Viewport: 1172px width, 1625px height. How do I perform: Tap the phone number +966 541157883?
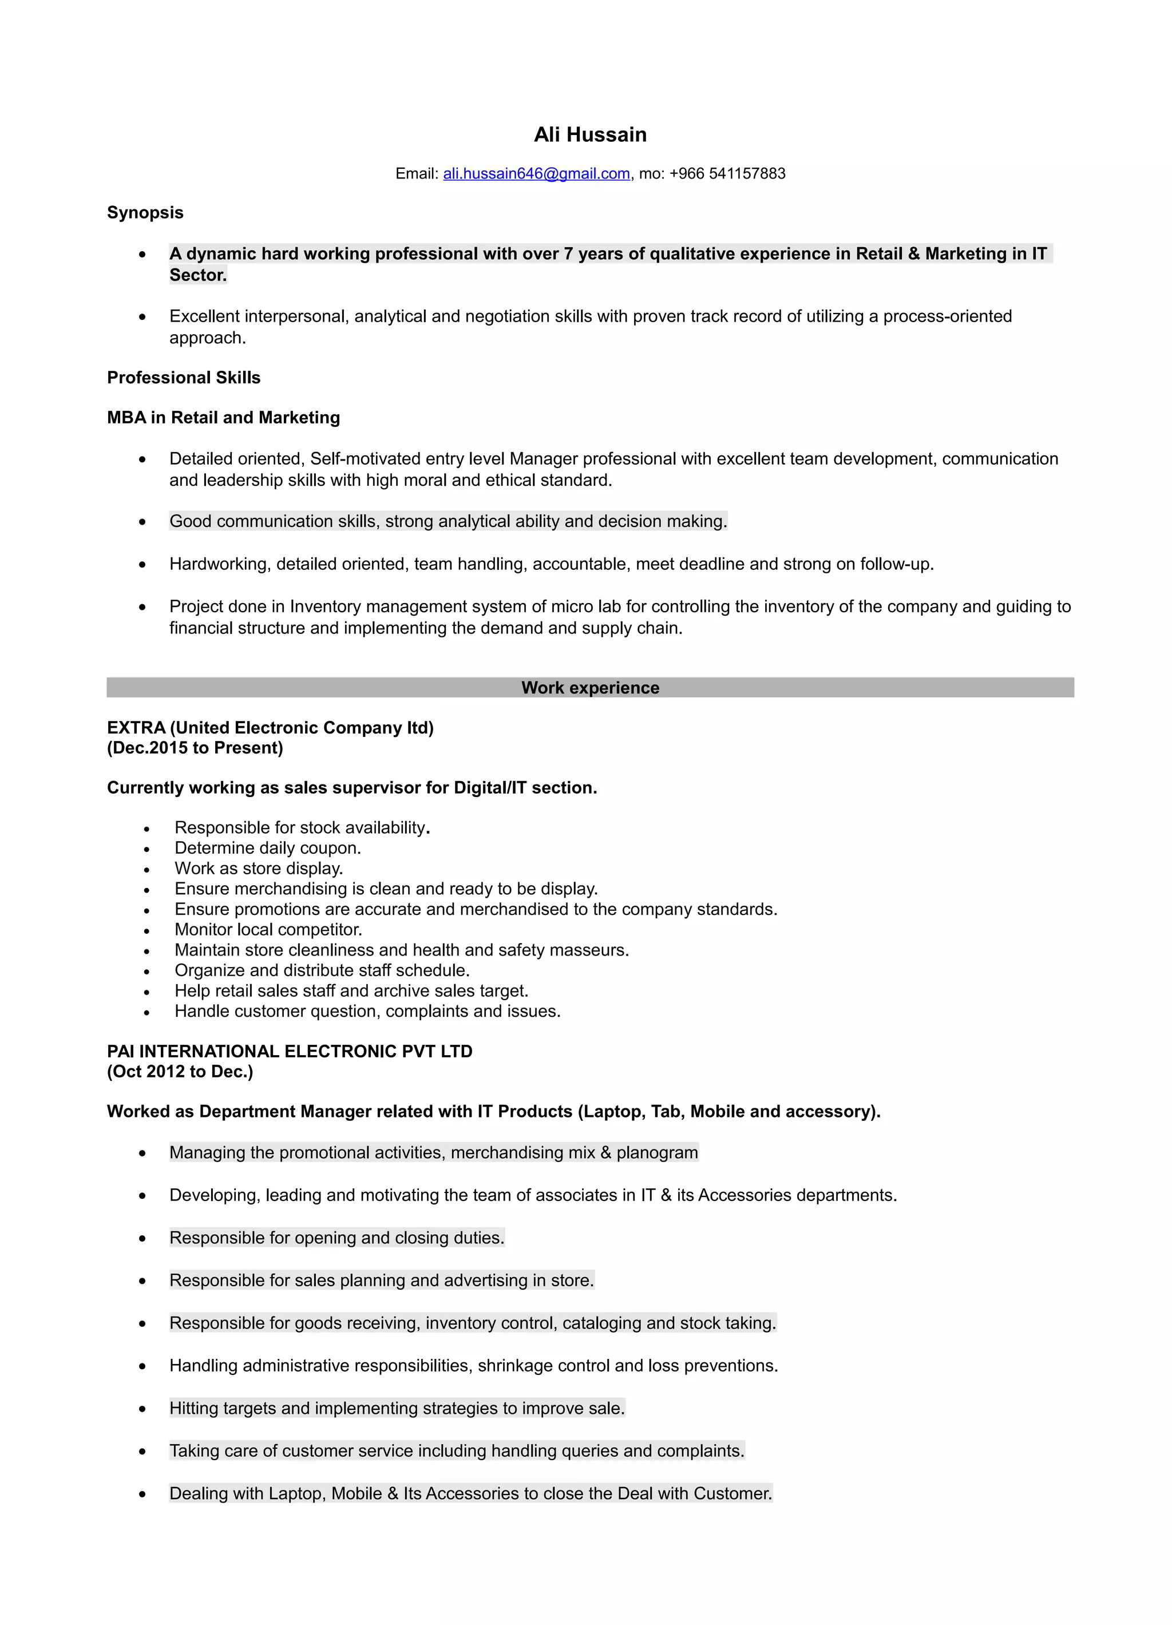pos(727,173)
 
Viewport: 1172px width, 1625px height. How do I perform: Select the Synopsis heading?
pos(145,213)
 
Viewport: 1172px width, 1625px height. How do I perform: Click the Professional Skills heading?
pos(183,378)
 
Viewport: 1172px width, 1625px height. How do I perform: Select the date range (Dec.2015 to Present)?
pos(195,748)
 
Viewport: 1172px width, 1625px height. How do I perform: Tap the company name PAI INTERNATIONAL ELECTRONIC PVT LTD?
pos(290,1051)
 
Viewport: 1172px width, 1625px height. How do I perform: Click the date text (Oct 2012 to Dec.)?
pos(180,1071)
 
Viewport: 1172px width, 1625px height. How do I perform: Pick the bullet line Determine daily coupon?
pos(267,849)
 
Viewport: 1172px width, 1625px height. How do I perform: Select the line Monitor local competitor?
pos(268,930)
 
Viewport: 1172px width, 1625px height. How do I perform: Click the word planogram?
pos(657,1153)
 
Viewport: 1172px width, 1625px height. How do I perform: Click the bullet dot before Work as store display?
pos(146,870)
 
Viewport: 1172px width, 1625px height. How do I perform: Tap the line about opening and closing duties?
pos(336,1238)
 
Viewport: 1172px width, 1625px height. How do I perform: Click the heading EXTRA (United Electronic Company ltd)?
pos(270,728)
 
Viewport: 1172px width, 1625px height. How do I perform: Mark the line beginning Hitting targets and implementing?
pos(397,1408)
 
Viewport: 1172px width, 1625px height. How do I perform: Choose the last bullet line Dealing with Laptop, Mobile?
pos(470,1493)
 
